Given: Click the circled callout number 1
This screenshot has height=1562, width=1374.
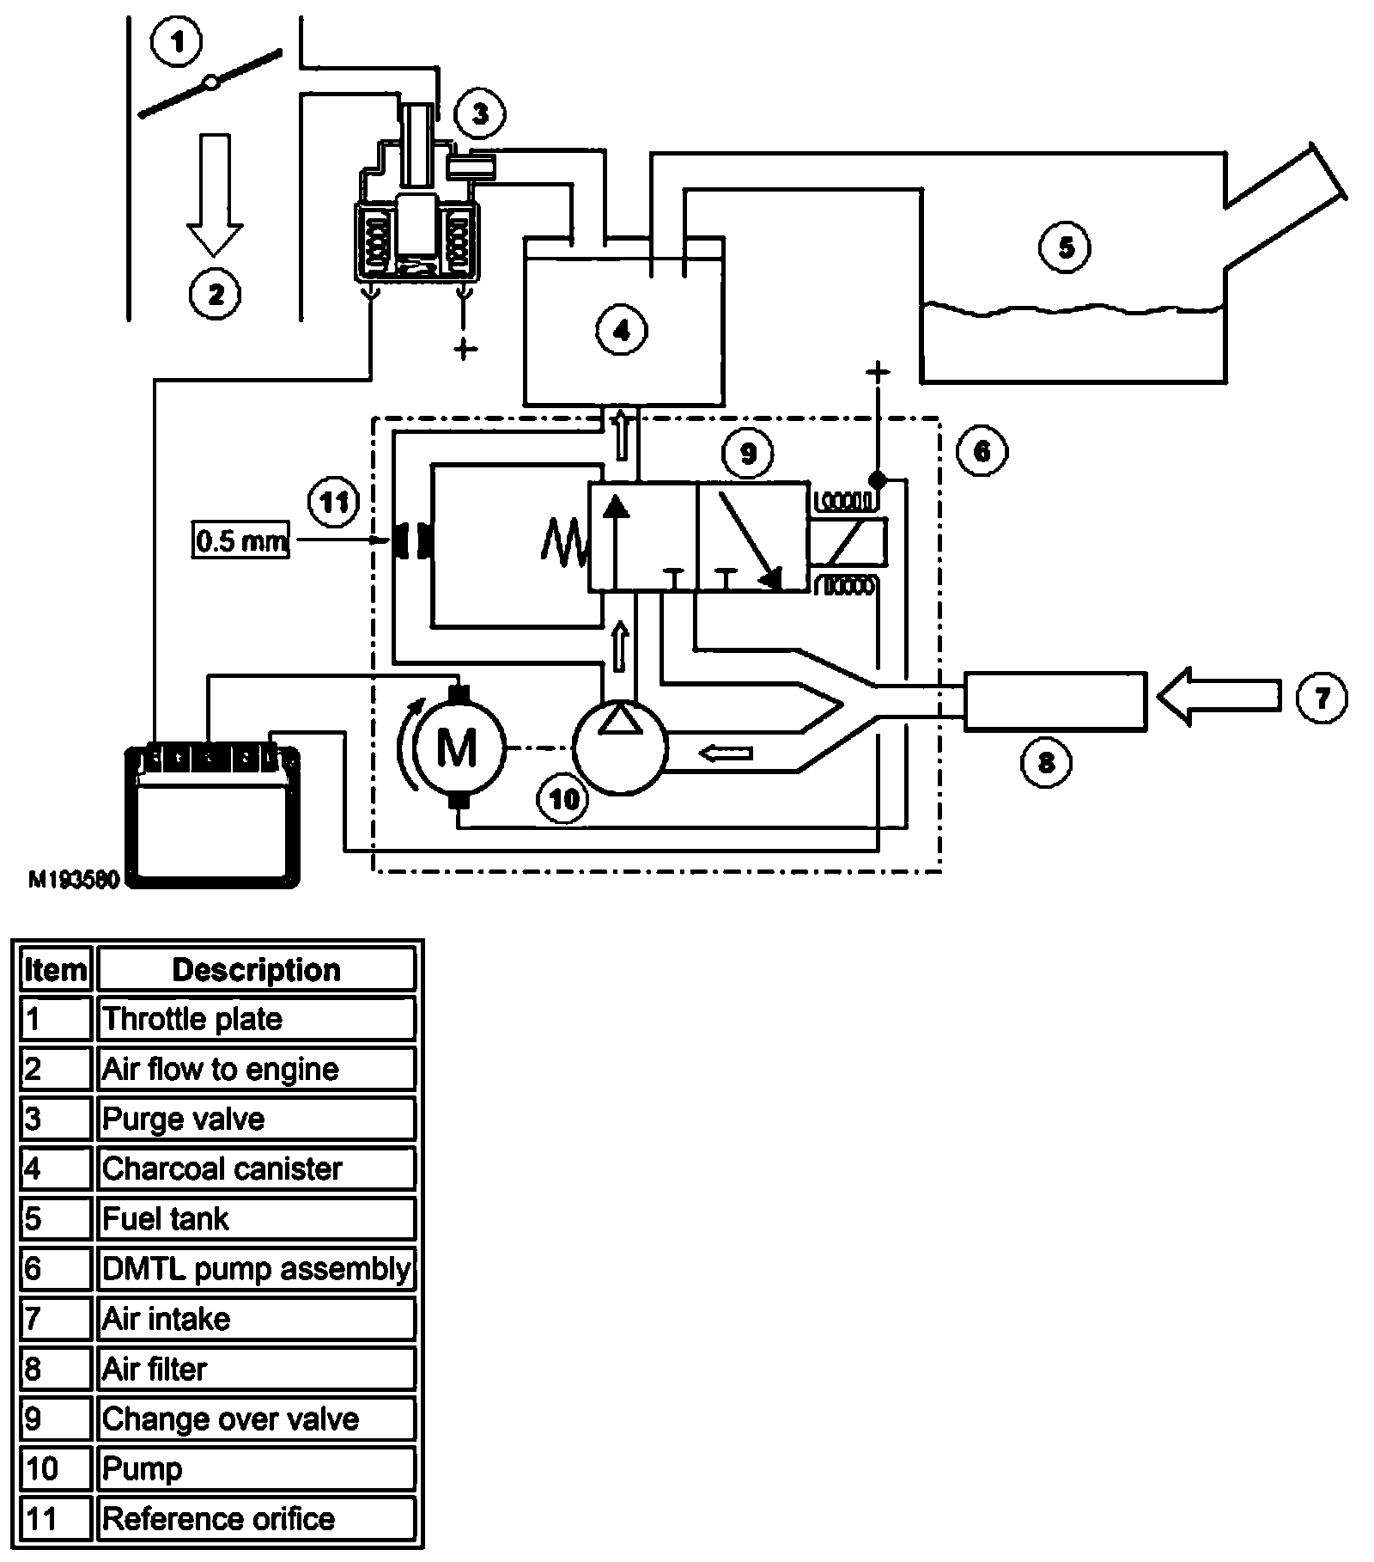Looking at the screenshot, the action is (x=178, y=42).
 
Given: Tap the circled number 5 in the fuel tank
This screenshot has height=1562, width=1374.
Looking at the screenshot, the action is (x=1065, y=247).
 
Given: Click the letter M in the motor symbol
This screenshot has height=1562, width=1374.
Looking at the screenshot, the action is (x=457, y=746).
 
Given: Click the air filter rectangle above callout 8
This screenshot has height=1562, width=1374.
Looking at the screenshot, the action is (x=1055, y=701).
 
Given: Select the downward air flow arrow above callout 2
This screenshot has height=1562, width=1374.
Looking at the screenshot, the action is (x=215, y=194).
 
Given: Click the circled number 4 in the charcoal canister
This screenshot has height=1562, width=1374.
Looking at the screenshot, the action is (x=622, y=331).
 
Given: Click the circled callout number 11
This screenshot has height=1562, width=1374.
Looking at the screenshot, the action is (x=333, y=501).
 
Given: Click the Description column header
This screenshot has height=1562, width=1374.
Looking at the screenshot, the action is (x=257, y=969).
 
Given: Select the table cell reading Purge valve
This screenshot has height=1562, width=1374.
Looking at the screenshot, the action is (x=257, y=1119).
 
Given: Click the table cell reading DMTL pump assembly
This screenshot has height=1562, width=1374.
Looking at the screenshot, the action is (x=257, y=1268).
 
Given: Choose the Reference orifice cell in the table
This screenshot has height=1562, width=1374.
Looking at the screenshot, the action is (x=257, y=1518).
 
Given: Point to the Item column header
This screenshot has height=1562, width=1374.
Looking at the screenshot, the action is (x=56, y=969).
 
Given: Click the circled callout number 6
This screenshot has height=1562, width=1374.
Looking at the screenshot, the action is (x=982, y=450).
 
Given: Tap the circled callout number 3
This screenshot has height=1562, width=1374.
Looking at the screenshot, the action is (x=479, y=114).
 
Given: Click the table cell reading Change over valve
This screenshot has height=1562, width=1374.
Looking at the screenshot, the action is (x=257, y=1419).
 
